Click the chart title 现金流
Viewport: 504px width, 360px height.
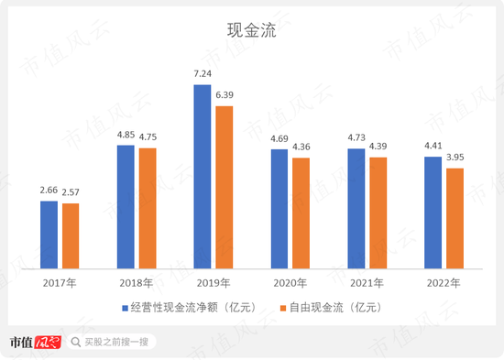click(x=251, y=29)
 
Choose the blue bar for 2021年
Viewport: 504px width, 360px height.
click(x=356, y=208)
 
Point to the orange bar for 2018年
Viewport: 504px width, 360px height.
click(x=147, y=207)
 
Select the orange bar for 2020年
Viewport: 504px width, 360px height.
click(x=301, y=213)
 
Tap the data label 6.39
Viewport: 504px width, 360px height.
click(x=225, y=95)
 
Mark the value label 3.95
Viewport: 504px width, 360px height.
click(x=455, y=158)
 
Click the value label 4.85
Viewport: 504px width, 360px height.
click(x=126, y=135)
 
